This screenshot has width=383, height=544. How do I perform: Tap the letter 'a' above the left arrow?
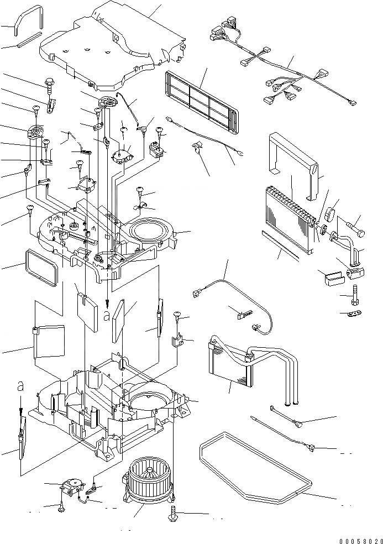tap(20, 386)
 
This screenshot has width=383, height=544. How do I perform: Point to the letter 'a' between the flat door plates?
tap(107, 315)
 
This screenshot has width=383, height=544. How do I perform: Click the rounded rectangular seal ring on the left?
tap(41, 268)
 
